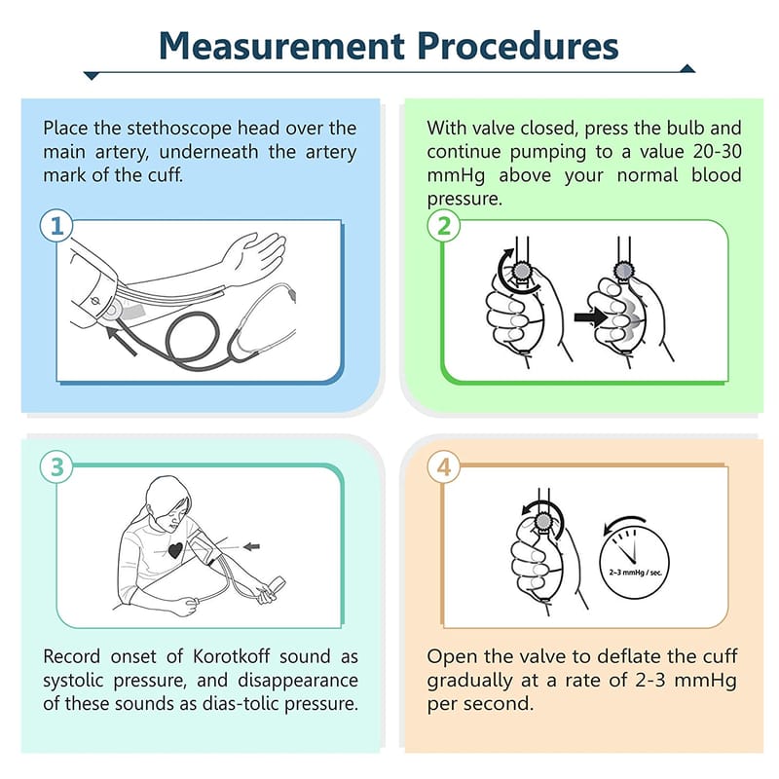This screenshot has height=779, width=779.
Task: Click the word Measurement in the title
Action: point(281,46)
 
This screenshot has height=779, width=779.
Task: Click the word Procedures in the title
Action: point(518,46)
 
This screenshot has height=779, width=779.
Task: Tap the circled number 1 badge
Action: point(56,226)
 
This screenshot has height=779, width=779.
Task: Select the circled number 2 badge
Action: point(444,226)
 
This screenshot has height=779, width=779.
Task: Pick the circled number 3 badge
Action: point(56,467)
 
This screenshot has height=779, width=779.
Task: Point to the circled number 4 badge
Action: point(444,467)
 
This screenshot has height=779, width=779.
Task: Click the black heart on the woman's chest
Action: point(175,551)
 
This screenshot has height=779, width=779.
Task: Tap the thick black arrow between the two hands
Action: point(590,317)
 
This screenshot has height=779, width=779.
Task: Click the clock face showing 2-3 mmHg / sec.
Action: point(635,563)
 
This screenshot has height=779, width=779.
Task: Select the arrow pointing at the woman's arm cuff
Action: point(251,546)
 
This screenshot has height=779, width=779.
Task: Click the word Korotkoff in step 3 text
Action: point(232,656)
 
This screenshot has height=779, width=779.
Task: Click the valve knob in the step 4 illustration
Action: point(543,521)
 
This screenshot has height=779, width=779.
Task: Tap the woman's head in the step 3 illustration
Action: point(167,501)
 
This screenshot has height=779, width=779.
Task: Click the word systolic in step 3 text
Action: point(72,680)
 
